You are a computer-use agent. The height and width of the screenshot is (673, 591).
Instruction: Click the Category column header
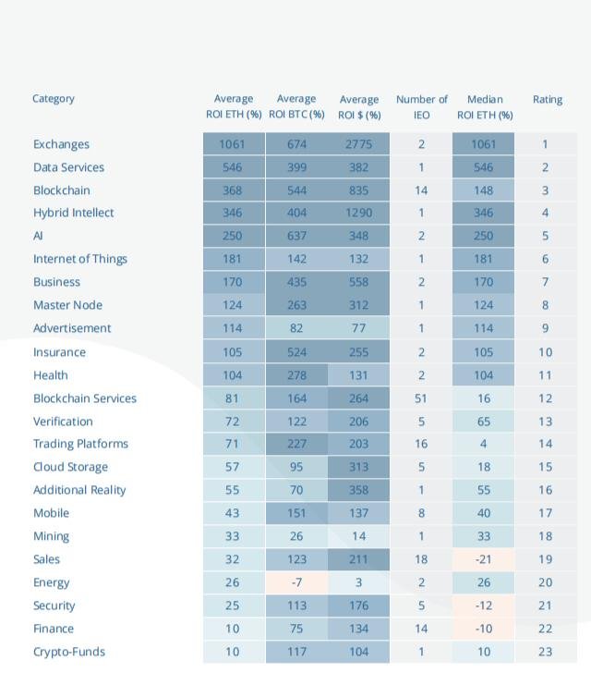coord(54,99)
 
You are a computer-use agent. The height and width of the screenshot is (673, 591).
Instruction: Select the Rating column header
coord(548,100)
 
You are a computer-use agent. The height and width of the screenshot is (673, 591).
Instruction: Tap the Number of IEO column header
coord(422,107)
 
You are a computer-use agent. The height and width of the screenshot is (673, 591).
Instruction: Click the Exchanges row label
coord(61,144)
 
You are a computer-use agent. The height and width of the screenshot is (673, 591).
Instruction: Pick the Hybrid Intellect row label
coord(73,213)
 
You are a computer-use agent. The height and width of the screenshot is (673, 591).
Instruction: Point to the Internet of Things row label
coord(80,259)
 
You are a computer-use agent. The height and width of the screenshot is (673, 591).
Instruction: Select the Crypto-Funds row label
coord(69,652)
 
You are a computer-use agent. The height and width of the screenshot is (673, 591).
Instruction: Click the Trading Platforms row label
coord(80,444)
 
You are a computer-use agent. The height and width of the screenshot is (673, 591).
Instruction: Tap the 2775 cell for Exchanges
coord(358,144)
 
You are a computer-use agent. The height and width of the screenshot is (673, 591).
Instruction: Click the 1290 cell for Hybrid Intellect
coord(358,213)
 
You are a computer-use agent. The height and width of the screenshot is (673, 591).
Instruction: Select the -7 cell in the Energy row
coord(296,582)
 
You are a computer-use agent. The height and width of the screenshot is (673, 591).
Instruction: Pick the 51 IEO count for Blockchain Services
coord(421,398)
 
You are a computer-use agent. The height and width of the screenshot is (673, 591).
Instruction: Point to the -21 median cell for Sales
coord(483,559)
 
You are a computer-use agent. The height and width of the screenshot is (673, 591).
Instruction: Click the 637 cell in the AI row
coord(296,236)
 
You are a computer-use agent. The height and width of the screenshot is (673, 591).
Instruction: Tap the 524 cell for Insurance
coord(296,352)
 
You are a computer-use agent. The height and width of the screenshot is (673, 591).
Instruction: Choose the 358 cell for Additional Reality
coord(358,490)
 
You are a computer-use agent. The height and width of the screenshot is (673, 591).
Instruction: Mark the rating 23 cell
coord(545,652)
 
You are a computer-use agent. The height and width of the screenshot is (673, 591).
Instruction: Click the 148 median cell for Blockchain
coord(483,190)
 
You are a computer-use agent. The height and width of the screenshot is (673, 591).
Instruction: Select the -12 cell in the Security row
coord(483,606)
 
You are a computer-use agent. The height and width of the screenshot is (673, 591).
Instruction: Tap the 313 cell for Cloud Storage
coord(358,467)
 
